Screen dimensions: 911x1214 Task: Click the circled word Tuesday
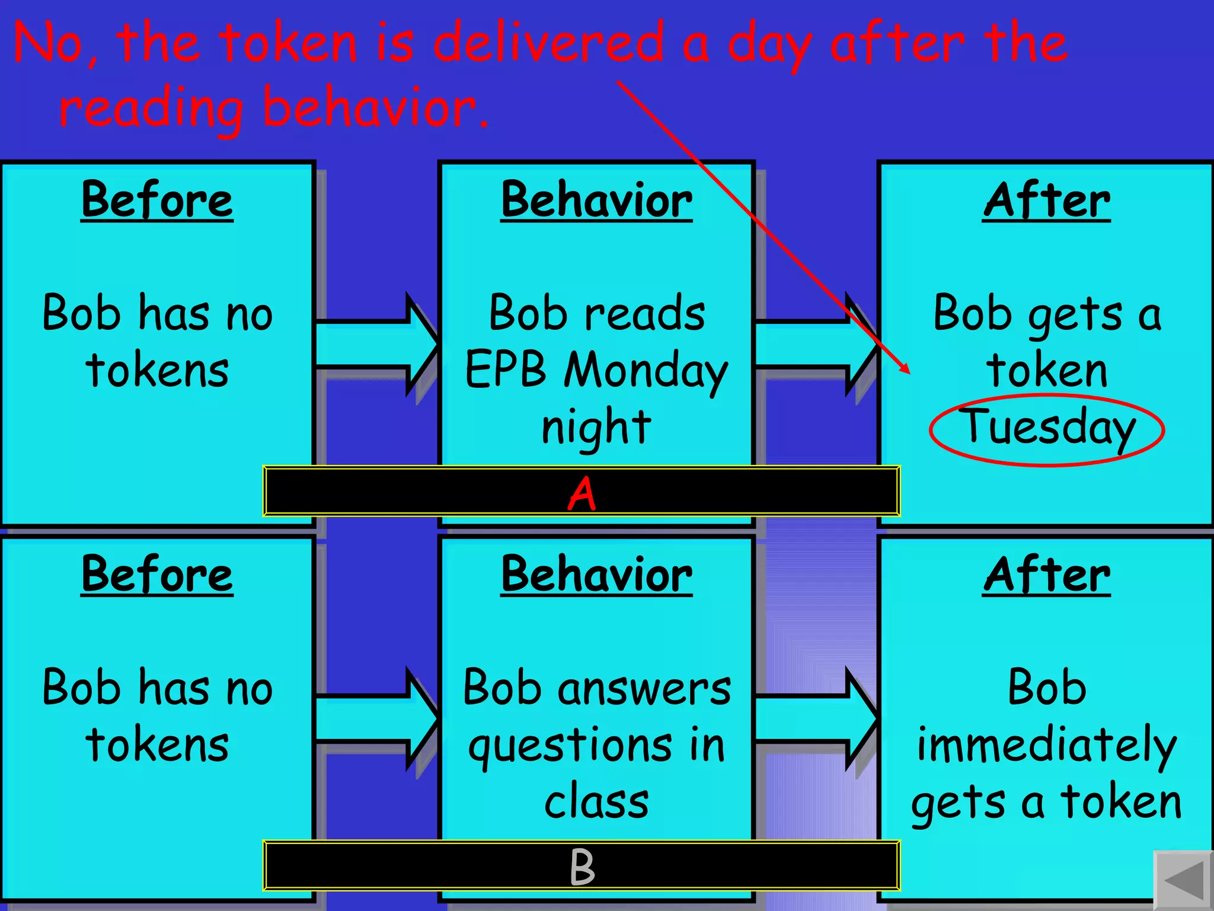point(1047,428)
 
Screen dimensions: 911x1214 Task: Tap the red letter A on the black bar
point(582,493)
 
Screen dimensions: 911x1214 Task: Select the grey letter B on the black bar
point(582,867)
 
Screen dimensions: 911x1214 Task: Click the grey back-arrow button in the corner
point(1183,881)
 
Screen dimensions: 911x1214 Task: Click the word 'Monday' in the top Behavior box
point(646,371)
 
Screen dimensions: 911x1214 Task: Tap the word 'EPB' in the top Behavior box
point(506,370)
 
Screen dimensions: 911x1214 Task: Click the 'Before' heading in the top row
point(157,200)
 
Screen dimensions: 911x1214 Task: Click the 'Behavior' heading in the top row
point(596,200)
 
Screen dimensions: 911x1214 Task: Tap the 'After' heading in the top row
point(1046,200)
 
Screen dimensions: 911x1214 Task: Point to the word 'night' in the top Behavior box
point(596,427)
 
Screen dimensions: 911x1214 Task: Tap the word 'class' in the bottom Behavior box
point(596,802)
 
